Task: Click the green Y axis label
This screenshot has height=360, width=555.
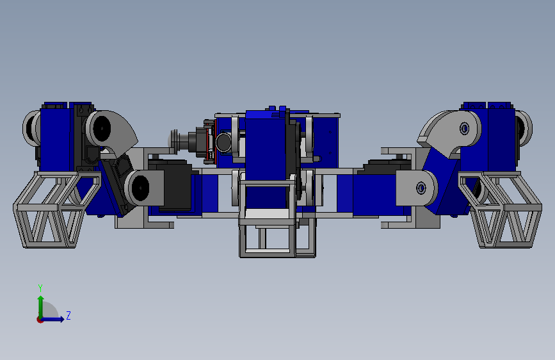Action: (40, 288)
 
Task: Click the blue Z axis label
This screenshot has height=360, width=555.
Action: (68, 315)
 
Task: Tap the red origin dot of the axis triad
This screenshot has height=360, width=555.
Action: (40, 320)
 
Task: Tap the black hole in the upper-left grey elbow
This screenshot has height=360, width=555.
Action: (102, 128)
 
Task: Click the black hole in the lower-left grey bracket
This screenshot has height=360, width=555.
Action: (140, 188)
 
